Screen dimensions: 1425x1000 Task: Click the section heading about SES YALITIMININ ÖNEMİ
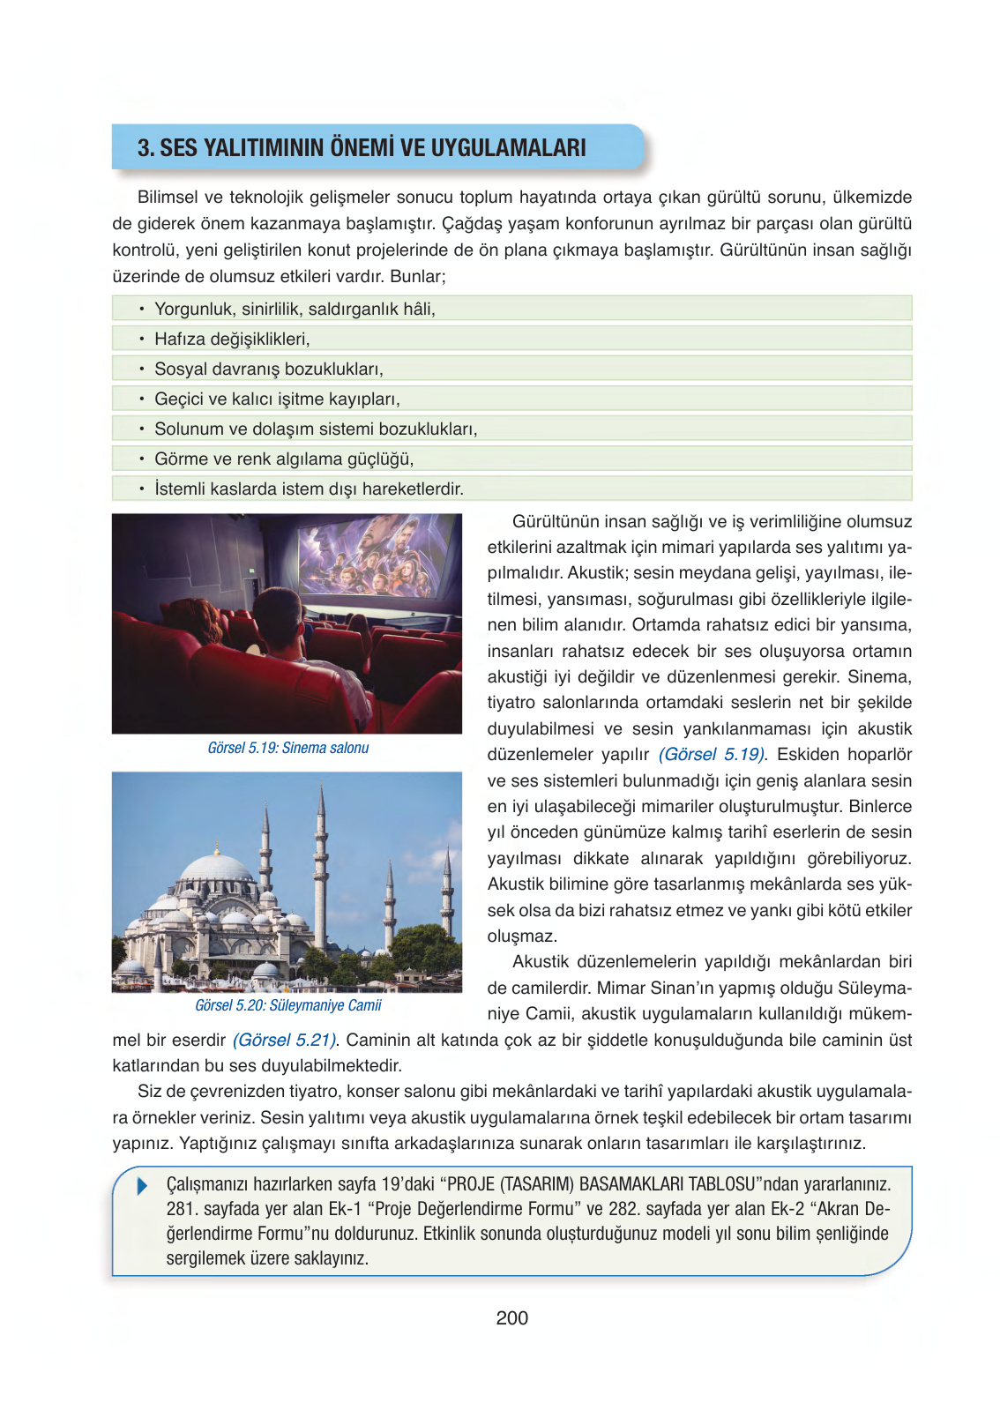[362, 147]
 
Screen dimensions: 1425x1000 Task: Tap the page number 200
[511, 1317]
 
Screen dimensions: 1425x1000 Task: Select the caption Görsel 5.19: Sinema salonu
[287, 748]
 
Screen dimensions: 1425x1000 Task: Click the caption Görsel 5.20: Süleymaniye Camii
[287, 1005]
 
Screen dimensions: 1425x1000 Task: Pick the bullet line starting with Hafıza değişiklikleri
[232, 339]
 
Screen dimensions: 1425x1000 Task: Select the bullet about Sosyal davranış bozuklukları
[268, 369]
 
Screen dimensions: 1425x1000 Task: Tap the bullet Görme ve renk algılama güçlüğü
[283, 459]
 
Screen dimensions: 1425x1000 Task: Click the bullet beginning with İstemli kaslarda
[308, 489]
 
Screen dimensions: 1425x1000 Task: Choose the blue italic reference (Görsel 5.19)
[712, 755]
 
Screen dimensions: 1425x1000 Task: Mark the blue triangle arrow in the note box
[143, 1186]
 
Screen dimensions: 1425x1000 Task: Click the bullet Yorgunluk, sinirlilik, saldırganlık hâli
[294, 309]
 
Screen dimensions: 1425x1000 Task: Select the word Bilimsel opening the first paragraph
[168, 198]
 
